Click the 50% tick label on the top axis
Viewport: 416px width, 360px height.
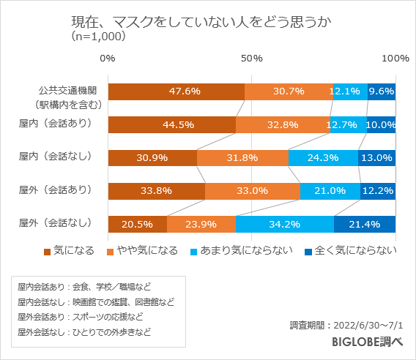[x=252, y=58]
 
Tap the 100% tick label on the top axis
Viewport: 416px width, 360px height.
[x=395, y=58]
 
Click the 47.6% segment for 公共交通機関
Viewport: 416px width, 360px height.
[x=176, y=91]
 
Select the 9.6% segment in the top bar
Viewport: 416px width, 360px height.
[x=382, y=91]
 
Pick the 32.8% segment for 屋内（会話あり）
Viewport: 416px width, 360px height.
[x=283, y=124]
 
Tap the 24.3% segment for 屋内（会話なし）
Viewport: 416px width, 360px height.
[x=323, y=157]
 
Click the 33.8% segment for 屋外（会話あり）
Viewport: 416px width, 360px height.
[x=156, y=191]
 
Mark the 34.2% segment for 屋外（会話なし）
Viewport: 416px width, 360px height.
[x=284, y=224]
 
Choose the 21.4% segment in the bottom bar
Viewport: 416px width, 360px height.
[x=365, y=224]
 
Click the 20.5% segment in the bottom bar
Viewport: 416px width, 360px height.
[x=137, y=224]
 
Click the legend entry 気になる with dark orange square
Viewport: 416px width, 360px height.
[x=69, y=252]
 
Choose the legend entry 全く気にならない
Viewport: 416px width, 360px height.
[x=351, y=252]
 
